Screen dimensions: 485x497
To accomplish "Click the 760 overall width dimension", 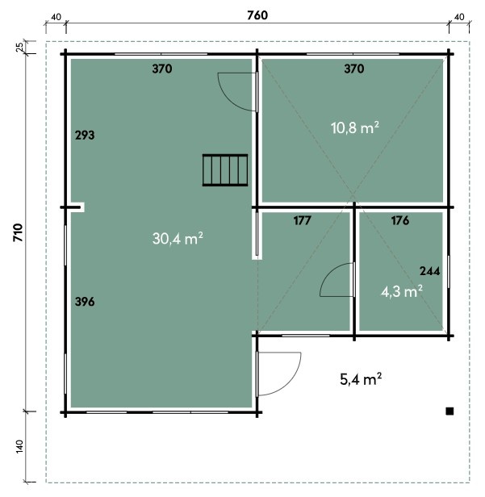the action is pyautogui.click(x=257, y=15).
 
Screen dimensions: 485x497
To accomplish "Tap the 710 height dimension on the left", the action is pyautogui.click(x=19, y=232).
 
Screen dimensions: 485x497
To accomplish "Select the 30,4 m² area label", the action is pyautogui.click(x=178, y=238).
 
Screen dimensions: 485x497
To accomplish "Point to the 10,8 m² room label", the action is pyautogui.click(x=355, y=127).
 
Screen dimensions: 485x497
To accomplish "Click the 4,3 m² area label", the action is pyautogui.click(x=402, y=291).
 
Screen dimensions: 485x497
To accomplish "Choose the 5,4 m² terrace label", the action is pyautogui.click(x=361, y=379).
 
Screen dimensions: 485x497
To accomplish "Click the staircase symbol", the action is pyautogui.click(x=225, y=170).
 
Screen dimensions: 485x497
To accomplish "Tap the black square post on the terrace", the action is pyautogui.click(x=449, y=411).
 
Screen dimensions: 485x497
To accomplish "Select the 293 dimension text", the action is pyautogui.click(x=85, y=136).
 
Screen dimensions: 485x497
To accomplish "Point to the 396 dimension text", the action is pyautogui.click(x=85, y=302).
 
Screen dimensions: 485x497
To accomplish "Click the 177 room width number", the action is pyautogui.click(x=302, y=220).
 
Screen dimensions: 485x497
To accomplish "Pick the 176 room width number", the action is pyautogui.click(x=400, y=220).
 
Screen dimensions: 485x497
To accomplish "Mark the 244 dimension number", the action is pyautogui.click(x=430, y=271).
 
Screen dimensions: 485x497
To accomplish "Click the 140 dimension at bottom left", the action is pyautogui.click(x=19, y=446).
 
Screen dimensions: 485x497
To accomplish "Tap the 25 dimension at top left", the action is pyautogui.click(x=19, y=47).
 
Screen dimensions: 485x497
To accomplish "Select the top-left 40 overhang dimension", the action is pyautogui.click(x=56, y=17).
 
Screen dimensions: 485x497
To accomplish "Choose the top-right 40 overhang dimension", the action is pyautogui.click(x=459, y=17).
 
